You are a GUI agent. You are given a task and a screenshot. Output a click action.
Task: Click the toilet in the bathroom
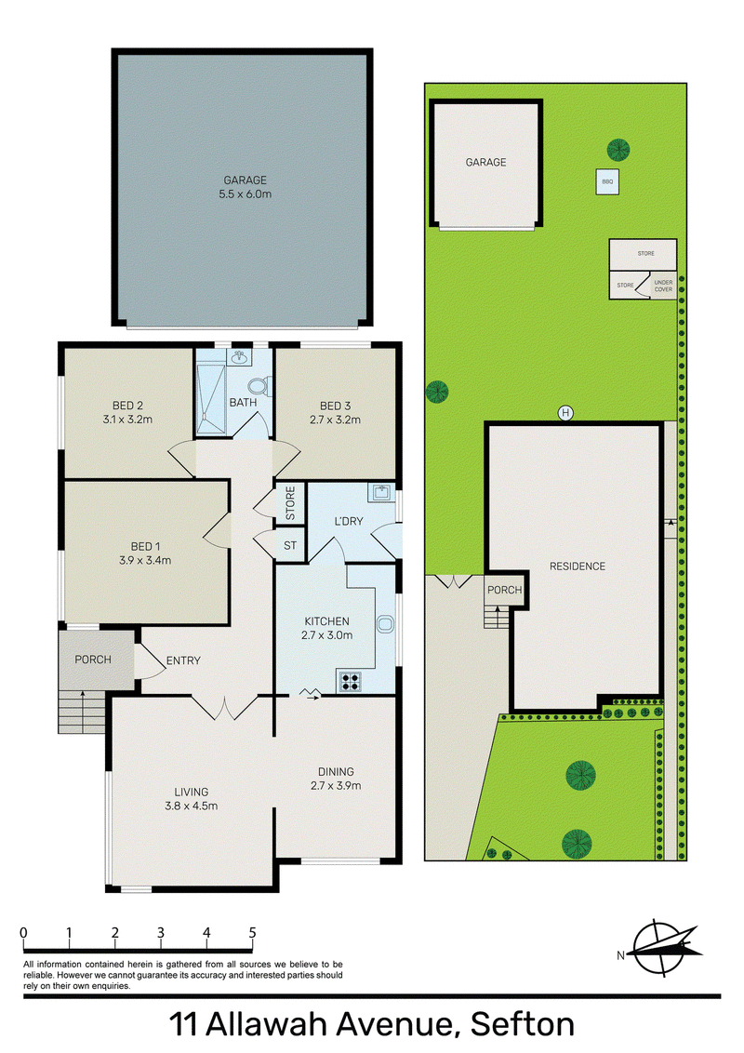point(259,385)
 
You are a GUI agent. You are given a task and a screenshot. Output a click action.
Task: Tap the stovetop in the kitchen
point(349,682)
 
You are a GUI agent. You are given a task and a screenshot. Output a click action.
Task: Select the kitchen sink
point(385,623)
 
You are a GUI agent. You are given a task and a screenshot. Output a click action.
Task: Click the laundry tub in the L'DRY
point(381,492)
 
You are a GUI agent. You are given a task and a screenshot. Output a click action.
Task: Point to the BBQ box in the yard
point(607,181)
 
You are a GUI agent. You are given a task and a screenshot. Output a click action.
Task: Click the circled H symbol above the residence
point(565,412)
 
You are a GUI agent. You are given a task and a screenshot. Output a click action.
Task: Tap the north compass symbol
point(663,948)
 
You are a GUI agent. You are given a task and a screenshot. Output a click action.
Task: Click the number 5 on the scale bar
point(252,932)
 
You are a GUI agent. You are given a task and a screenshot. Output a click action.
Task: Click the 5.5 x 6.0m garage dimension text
point(246,194)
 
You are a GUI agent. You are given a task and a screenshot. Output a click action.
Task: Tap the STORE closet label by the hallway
point(290,503)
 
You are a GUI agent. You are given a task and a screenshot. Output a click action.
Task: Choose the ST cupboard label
point(290,545)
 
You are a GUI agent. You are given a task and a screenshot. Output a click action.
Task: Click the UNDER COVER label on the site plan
point(663,287)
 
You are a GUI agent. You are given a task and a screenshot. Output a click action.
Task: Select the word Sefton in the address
point(523,1024)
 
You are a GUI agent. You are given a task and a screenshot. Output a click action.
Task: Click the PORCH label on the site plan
point(504,590)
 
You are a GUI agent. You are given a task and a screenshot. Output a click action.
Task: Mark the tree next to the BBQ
point(618,149)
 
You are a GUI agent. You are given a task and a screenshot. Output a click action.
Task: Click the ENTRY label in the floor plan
point(183,660)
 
